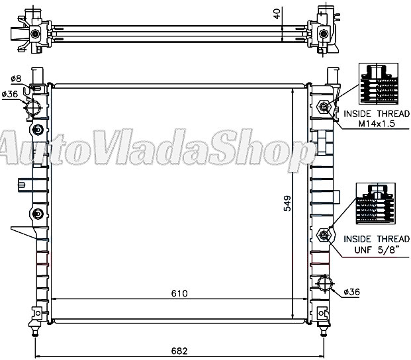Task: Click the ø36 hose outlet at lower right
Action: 325,284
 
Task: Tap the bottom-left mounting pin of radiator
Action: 34,325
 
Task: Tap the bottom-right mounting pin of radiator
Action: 324,325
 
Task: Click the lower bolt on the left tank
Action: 38,213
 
